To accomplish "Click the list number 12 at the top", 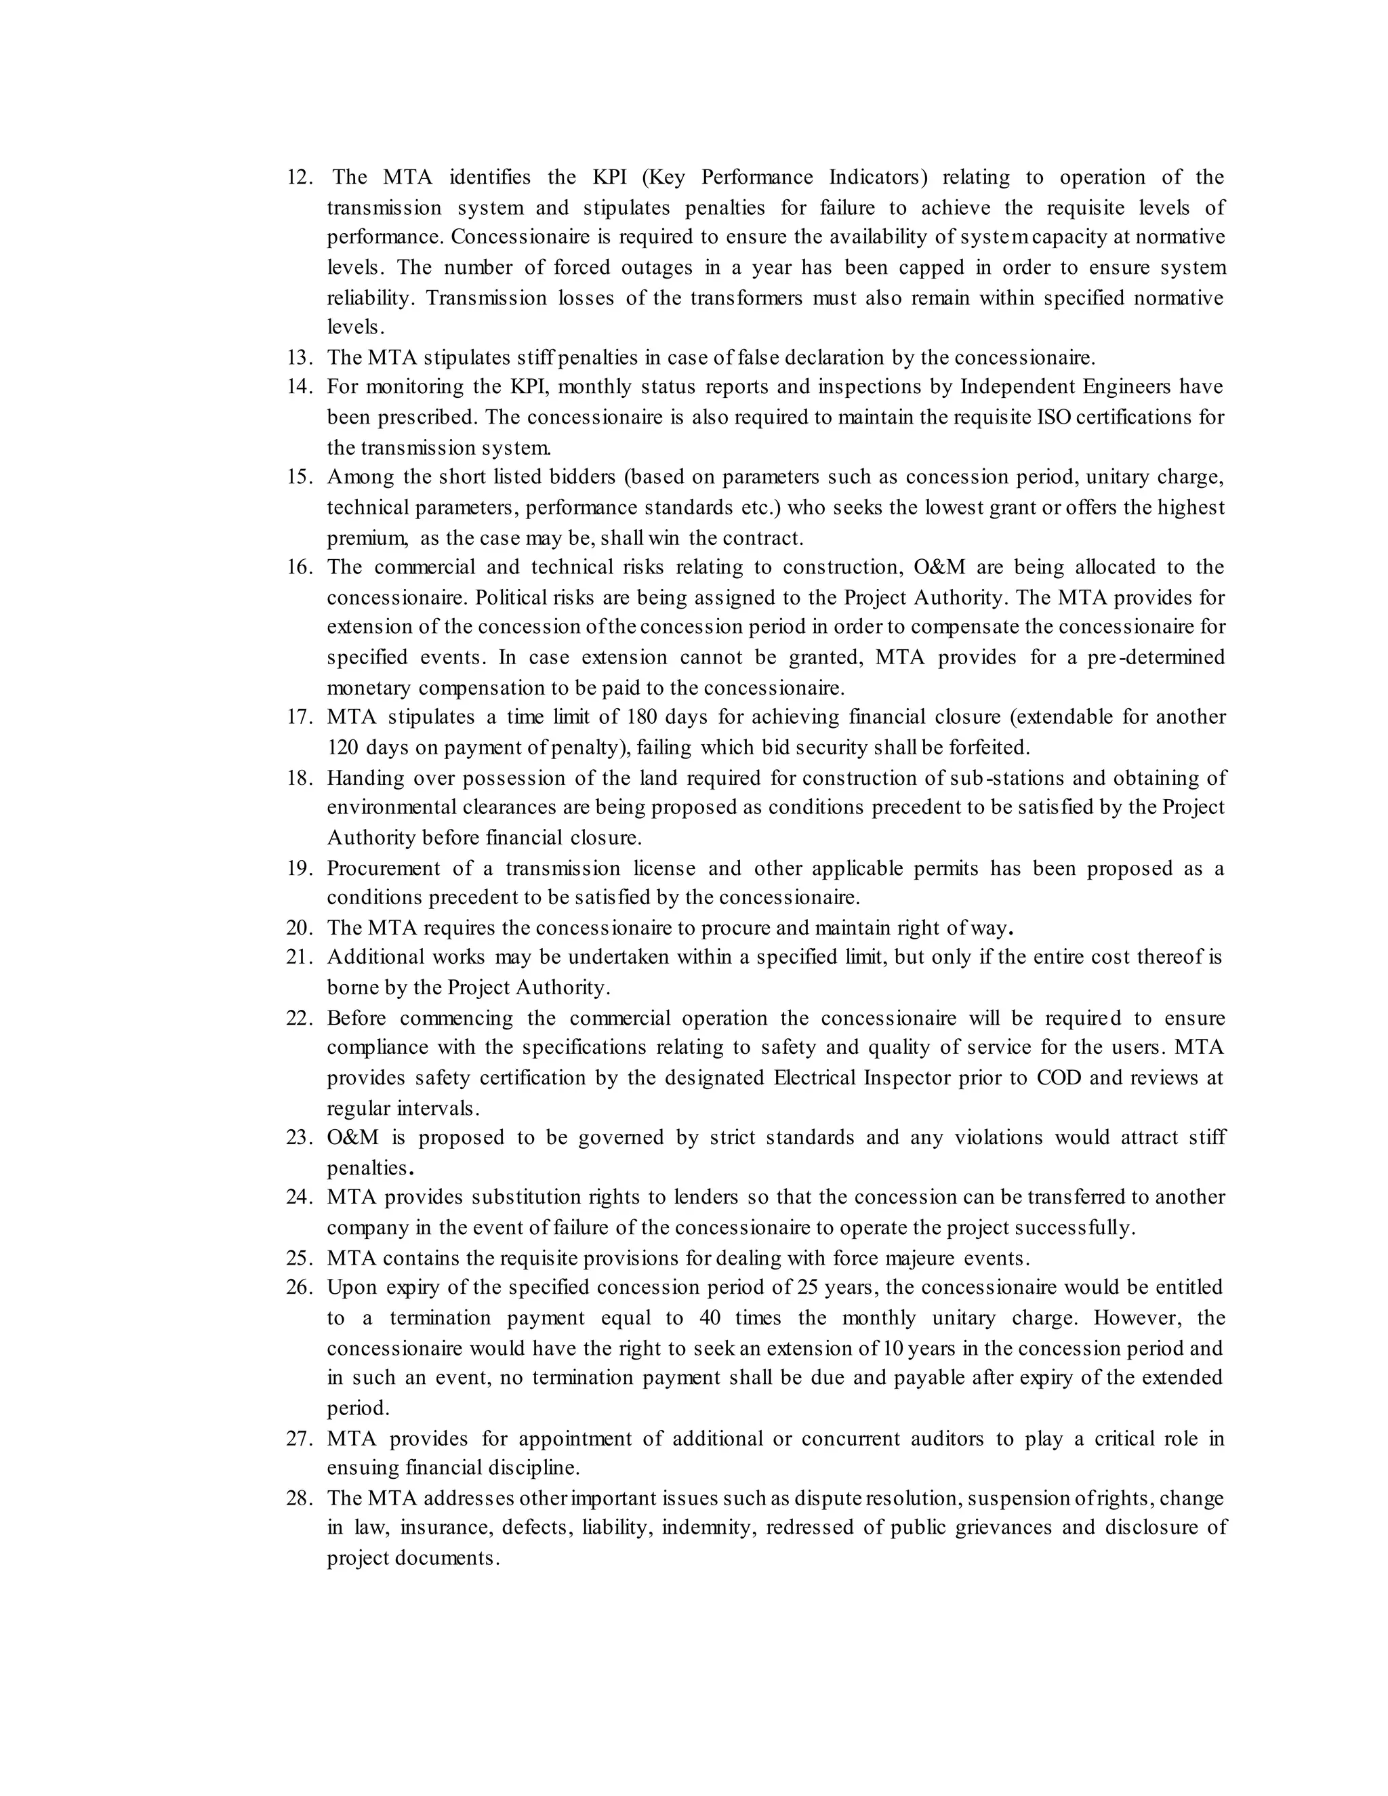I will point(300,178).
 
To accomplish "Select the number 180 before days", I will point(641,717).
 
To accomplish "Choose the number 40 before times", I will point(710,1318).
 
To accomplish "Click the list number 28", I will point(300,1498).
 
